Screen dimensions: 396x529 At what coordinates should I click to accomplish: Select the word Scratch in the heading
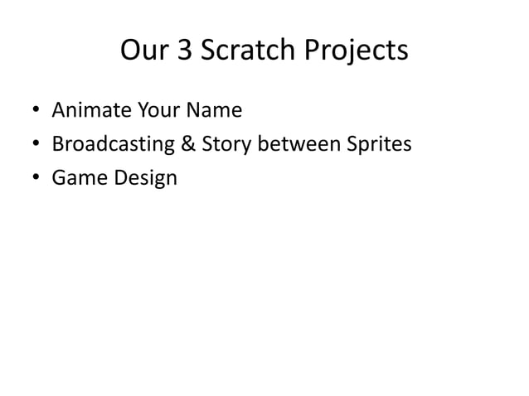[x=242, y=51]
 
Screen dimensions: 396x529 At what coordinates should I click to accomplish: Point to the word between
[x=299, y=144]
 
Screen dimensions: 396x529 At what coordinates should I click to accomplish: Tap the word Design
[x=146, y=179]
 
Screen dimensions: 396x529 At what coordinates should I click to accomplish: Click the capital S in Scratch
[x=206, y=51]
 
